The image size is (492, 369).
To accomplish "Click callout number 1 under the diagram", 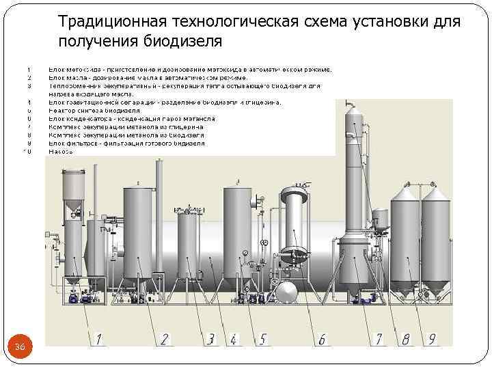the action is pos(99,338).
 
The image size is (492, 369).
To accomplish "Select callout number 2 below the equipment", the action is pos(165,338).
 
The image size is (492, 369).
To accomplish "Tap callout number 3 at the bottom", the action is pos(211,338).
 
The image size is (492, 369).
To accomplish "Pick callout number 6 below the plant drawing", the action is pos(321,338).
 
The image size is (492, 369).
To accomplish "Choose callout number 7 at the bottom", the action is pos(378,338).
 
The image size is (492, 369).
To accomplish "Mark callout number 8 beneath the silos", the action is pos(406,338).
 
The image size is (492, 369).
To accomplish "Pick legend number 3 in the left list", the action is pos(29,86).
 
